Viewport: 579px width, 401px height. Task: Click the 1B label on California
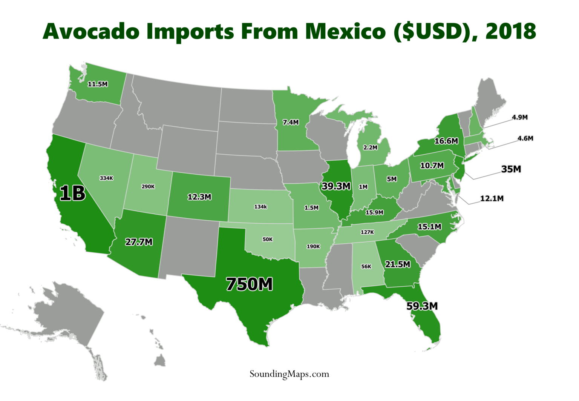(72, 193)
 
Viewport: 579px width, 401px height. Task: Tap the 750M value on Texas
(249, 284)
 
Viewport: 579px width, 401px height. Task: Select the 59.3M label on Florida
(422, 306)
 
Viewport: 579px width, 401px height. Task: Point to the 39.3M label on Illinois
(336, 186)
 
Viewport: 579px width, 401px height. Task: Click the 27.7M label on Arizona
(139, 242)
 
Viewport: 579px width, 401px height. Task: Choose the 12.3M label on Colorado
(199, 197)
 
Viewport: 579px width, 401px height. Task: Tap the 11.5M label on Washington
(98, 84)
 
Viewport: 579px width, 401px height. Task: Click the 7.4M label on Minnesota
(291, 122)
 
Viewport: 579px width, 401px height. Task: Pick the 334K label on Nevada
(106, 178)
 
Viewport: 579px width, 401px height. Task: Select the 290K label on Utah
(148, 186)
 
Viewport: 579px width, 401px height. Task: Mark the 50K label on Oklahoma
(268, 239)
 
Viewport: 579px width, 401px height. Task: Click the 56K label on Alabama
(366, 266)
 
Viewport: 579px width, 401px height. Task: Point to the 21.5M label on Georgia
(397, 264)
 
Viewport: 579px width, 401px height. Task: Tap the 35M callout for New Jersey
(511, 169)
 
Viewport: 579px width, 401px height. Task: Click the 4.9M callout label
(519, 117)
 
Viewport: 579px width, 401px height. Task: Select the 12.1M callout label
(492, 198)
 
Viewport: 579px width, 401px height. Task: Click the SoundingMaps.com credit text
(289, 374)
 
